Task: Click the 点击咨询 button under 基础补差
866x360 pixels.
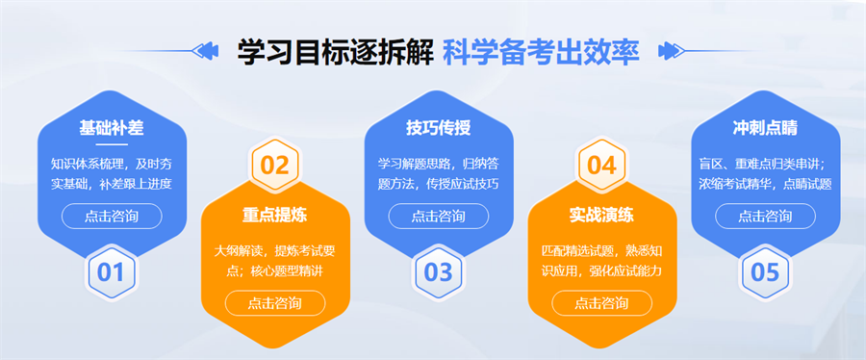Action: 111,216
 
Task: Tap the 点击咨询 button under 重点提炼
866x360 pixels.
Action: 274,303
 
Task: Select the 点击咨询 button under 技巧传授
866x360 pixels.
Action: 438,216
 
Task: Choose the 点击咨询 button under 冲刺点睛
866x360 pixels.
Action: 765,216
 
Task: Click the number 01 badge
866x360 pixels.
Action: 111,272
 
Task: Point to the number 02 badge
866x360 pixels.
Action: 274,165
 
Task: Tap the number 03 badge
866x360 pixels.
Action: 438,272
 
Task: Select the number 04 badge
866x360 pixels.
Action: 601,165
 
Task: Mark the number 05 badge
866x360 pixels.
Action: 765,272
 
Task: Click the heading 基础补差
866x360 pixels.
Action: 111,128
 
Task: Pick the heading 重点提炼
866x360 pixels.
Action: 274,215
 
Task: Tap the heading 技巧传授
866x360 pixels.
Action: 438,128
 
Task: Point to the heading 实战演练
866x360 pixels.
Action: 601,215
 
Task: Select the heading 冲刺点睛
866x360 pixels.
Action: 765,128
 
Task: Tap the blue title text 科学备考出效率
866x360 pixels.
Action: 541,51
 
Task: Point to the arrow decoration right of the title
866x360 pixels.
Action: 666,50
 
